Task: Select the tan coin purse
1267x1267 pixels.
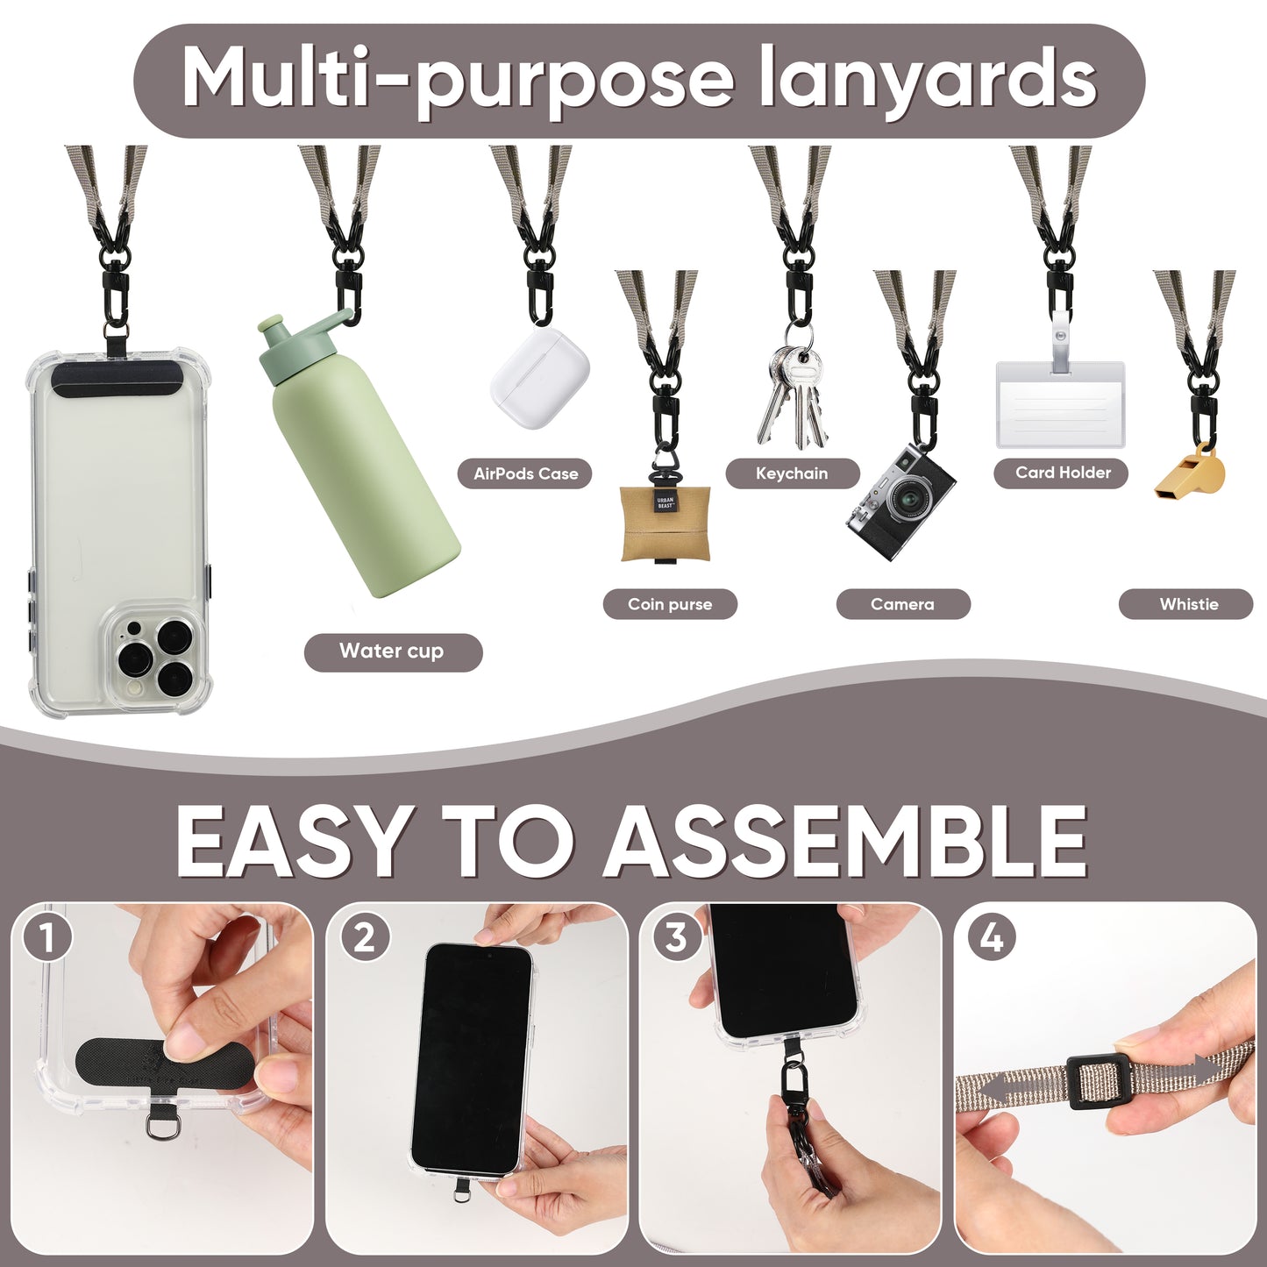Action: point(666,523)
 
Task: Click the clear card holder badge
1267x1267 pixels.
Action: point(1060,403)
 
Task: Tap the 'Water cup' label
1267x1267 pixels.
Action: point(393,651)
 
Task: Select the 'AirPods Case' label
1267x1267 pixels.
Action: point(525,473)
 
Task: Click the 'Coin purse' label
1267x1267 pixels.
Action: point(670,603)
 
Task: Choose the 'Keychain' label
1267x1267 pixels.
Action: point(793,473)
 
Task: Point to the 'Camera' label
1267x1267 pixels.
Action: point(903,603)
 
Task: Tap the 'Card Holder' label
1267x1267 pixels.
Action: point(1061,473)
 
